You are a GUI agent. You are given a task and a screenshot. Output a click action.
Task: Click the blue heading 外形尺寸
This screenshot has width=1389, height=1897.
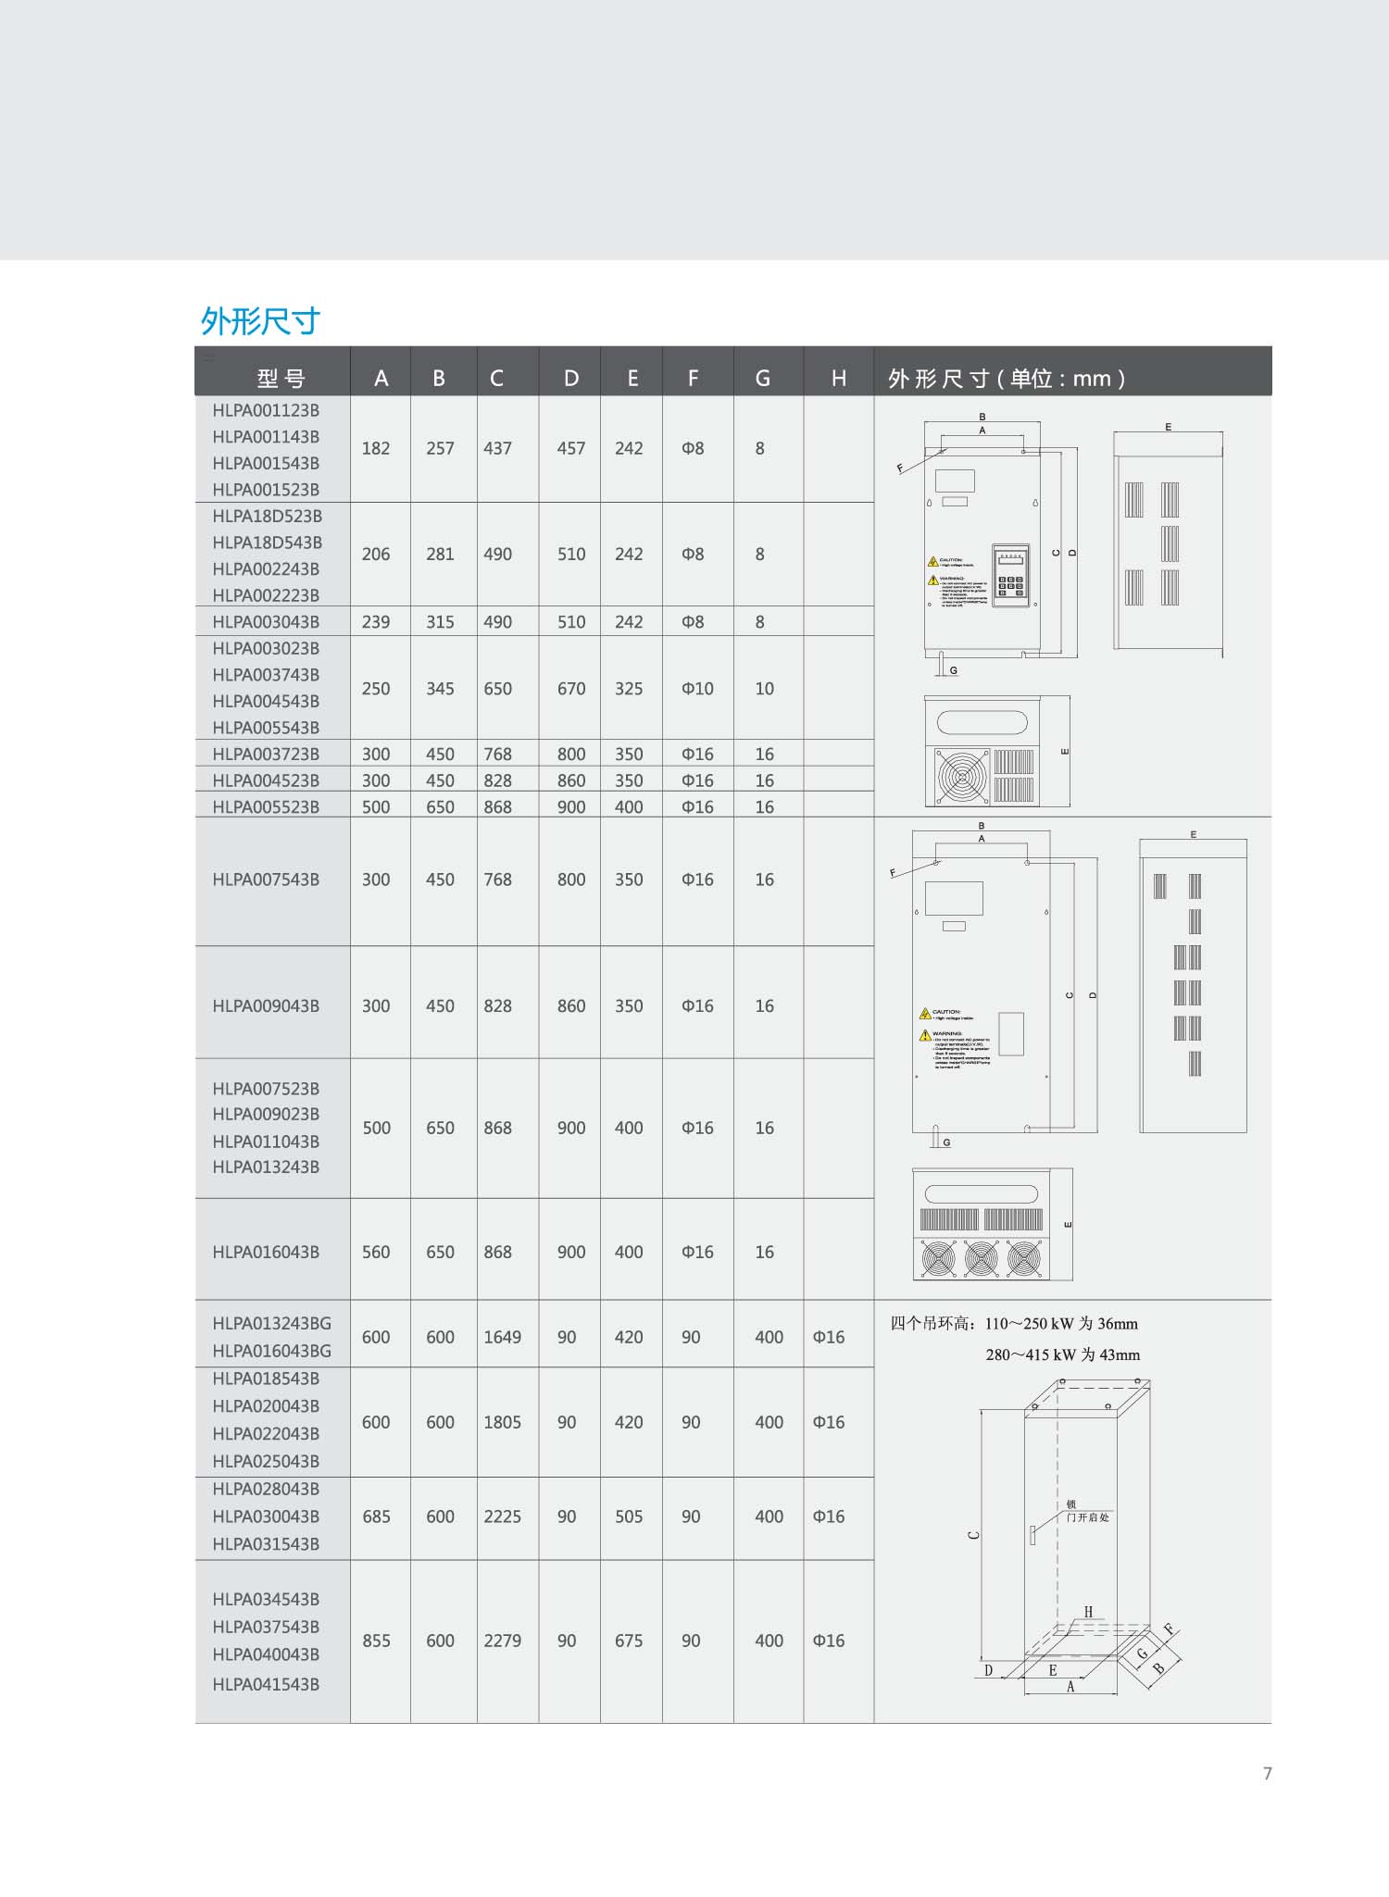click(260, 321)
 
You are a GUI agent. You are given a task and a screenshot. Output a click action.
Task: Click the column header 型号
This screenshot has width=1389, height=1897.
click(281, 378)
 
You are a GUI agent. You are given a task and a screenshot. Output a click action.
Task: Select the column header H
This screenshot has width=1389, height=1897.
click(838, 378)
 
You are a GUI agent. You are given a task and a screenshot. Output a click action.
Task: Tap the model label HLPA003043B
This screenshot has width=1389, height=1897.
click(266, 621)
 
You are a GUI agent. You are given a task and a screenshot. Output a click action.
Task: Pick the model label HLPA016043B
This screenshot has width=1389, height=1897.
click(266, 1252)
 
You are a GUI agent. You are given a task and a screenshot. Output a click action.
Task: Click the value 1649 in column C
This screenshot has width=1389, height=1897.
click(502, 1337)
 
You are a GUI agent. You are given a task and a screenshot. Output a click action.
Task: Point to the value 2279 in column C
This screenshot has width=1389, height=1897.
click(502, 1641)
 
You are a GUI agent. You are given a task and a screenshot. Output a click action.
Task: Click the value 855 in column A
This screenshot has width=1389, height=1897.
click(376, 1641)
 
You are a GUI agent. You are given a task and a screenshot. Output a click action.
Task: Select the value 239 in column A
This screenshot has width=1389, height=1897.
click(376, 621)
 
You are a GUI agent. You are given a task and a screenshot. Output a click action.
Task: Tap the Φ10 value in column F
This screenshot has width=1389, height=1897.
click(697, 688)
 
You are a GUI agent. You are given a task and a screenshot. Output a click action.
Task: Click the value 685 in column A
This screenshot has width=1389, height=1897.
click(376, 1516)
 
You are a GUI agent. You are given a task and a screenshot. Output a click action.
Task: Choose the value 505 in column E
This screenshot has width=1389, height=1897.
click(629, 1516)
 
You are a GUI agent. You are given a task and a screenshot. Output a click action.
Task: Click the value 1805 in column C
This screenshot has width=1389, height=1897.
click(502, 1422)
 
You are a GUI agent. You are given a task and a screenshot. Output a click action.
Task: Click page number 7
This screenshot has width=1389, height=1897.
click(1267, 1773)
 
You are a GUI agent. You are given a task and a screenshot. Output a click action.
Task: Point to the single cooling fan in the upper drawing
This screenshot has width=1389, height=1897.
click(962, 776)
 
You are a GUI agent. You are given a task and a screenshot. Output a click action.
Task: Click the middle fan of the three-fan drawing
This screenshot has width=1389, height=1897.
click(982, 1258)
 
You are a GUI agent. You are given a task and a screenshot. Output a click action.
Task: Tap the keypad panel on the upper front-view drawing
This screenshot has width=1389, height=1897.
click(1010, 575)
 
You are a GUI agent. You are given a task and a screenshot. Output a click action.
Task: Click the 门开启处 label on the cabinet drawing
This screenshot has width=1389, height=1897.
click(1087, 1517)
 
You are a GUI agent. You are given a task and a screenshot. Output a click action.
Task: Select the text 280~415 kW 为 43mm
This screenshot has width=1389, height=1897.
click(1062, 1354)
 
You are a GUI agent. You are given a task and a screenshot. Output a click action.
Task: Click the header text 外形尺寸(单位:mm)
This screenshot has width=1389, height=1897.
click(1007, 378)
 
